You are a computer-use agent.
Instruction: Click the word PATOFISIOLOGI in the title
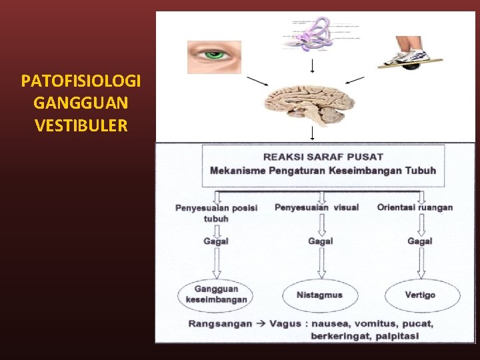point(81,82)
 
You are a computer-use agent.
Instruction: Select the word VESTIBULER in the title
point(81,125)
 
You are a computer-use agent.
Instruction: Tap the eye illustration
point(214,57)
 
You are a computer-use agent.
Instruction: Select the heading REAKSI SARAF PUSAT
point(323,157)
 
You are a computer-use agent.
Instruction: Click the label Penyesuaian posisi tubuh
point(216,213)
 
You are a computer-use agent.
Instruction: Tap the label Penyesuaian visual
point(317,207)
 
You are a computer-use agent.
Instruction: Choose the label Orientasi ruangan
point(415,207)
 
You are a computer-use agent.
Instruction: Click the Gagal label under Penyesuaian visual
point(321,241)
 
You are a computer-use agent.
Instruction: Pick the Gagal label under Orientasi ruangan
point(419,241)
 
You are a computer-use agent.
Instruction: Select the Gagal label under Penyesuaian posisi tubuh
point(216,241)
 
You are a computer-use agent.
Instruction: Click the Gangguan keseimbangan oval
point(216,294)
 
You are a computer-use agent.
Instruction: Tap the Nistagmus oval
point(320,294)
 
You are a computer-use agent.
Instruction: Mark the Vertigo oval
point(420,294)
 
